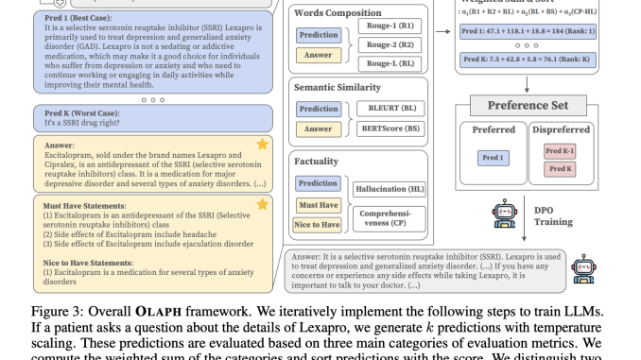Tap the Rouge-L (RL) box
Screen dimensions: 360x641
tap(392, 63)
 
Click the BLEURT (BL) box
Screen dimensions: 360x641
tap(391, 110)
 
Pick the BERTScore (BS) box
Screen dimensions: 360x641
tap(391, 128)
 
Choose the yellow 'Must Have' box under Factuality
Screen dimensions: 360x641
tap(318, 204)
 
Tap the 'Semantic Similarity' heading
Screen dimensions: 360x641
tap(349, 86)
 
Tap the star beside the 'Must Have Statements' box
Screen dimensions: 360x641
tap(264, 203)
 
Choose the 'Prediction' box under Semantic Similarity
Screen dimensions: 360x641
tap(318, 110)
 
